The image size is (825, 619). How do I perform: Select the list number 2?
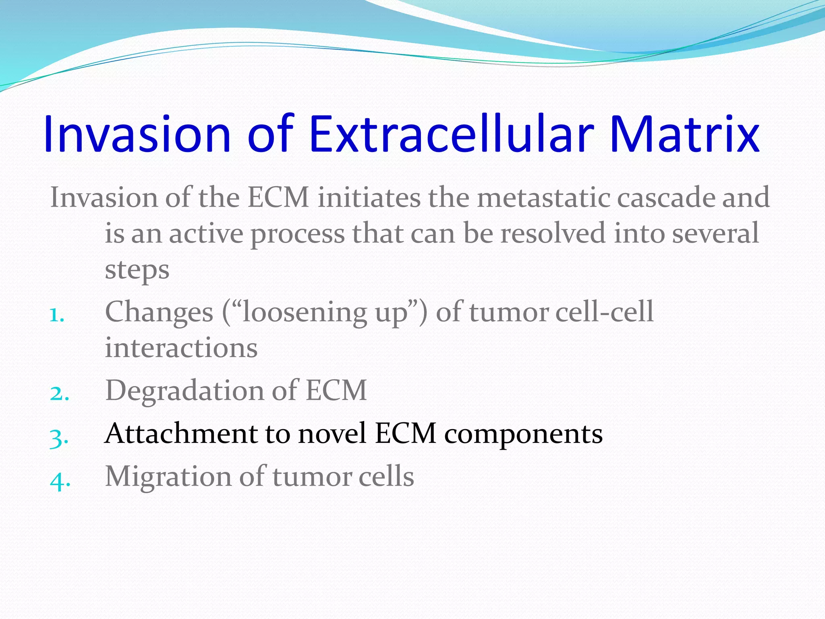point(60,393)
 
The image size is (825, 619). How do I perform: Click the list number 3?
point(59,438)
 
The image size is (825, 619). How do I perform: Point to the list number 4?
point(60,480)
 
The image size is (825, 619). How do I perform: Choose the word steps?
point(137,270)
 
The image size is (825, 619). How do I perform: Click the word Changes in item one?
point(159,312)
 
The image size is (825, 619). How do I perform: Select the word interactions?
point(181,348)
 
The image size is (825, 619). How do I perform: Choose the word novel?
point(332,434)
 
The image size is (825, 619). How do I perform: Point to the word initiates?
point(369,198)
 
